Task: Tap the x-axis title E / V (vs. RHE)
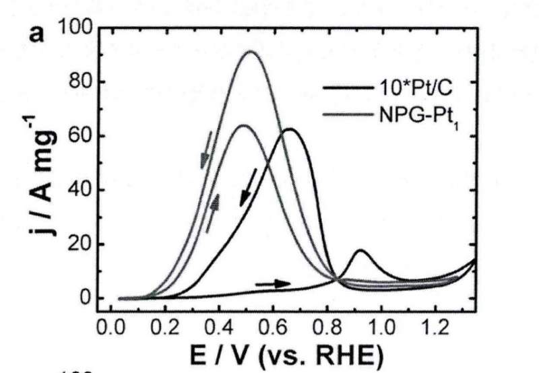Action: coord(282,354)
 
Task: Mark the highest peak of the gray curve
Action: coord(251,52)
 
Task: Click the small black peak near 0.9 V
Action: coord(361,251)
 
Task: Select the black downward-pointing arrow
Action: coord(248,187)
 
